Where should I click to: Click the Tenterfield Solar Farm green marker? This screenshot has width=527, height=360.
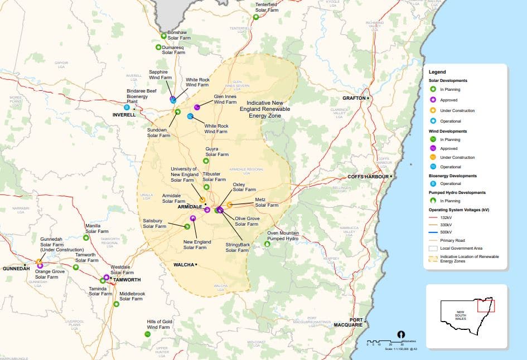[x=256, y=17]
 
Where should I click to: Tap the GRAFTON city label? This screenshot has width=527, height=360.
[x=354, y=98]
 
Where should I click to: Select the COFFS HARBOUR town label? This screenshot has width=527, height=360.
[x=368, y=177]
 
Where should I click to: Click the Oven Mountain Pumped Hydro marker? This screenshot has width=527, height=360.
[x=267, y=244]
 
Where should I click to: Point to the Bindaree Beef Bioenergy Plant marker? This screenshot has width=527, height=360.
[x=127, y=107]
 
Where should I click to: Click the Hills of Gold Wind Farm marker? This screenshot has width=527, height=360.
[x=147, y=334]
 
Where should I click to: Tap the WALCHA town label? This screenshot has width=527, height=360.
[x=184, y=264]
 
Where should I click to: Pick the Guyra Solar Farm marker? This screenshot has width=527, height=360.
[x=206, y=161]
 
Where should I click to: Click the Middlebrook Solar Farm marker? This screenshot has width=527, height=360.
[x=116, y=304]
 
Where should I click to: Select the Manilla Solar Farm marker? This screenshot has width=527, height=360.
[x=86, y=237]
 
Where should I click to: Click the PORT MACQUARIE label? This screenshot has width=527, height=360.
[x=349, y=322]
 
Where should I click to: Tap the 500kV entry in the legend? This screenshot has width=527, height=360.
[x=446, y=231]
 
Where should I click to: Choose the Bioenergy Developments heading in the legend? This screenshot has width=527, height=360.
[x=452, y=176]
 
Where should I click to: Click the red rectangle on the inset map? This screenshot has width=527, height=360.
[x=486, y=304]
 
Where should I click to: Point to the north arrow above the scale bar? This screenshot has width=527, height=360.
[x=400, y=334]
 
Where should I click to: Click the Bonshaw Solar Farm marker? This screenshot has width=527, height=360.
[x=163, y=36]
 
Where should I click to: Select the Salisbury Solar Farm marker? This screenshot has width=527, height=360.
[x=187, y=226]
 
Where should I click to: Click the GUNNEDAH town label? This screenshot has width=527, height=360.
[x=16, y=269]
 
